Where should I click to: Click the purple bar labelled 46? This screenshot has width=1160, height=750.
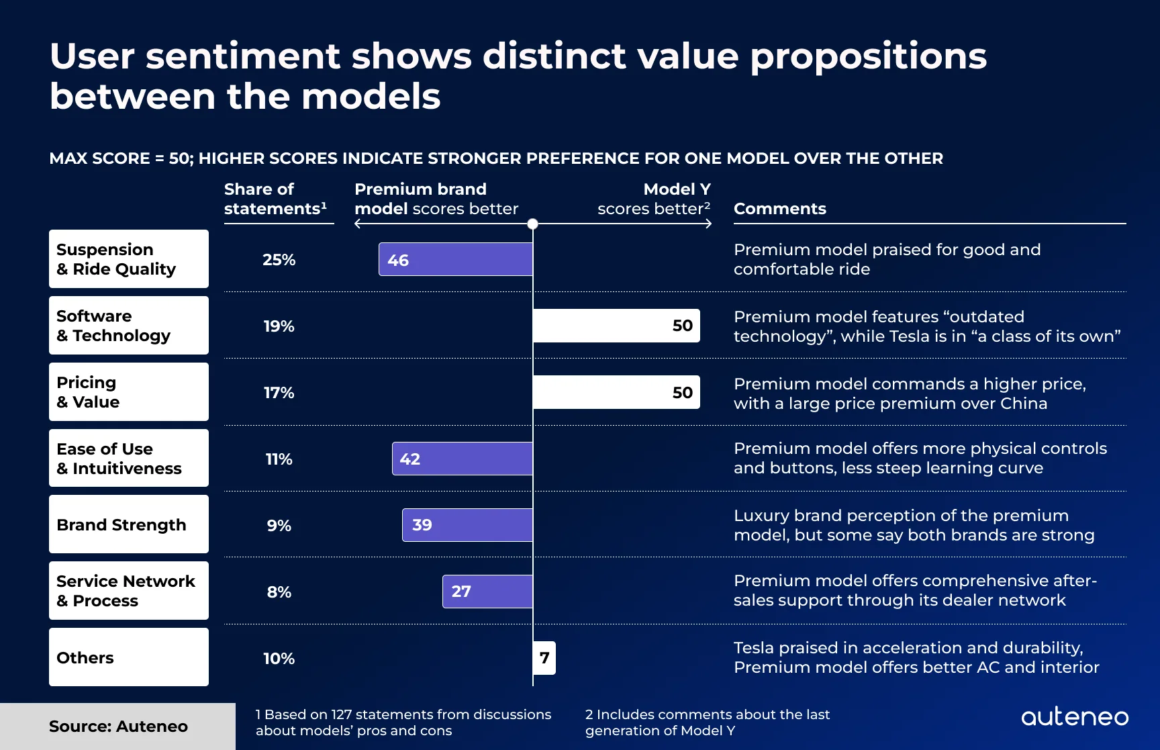456,260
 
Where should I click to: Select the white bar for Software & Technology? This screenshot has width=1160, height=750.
616,326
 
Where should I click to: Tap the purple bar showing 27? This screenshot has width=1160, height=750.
487,592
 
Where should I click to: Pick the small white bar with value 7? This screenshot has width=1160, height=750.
544,658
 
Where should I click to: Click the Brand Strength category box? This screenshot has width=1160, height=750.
129,524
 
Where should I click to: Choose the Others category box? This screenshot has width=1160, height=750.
129,657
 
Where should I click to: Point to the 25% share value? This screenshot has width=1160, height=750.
279,260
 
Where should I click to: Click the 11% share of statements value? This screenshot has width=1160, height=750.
279,459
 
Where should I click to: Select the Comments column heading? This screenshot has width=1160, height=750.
779,209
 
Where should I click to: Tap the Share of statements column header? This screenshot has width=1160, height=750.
275,199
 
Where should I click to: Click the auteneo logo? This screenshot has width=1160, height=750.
1074,717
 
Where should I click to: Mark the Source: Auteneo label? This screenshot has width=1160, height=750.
118,726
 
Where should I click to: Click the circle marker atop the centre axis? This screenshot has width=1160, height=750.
532,224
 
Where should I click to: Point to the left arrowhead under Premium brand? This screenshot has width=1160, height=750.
357,224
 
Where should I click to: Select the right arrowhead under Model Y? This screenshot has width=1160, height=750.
709,224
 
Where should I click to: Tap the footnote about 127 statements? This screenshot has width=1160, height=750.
403,722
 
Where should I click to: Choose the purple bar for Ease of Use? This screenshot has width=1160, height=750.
463,459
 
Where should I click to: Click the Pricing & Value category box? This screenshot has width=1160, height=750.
129,392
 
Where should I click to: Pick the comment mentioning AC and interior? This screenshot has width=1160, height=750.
916,657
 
